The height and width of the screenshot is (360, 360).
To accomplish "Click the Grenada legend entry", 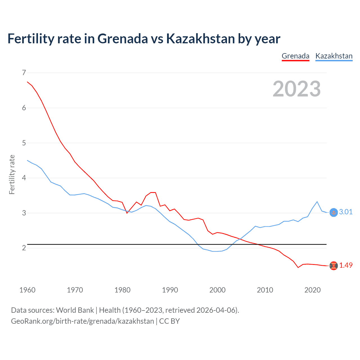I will (295, 56).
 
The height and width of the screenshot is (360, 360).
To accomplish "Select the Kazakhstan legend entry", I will (334, 56).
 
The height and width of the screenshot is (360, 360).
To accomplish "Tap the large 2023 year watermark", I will (297, 89).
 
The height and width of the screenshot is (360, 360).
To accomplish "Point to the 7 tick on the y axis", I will (24, 73).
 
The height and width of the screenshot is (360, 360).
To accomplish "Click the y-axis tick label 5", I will (24, 143).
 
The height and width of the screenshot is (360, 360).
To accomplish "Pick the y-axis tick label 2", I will (24, 248).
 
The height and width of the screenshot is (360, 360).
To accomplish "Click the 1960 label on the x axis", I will (27, 290).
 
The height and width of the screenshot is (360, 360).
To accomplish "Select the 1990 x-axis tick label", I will (170, 290).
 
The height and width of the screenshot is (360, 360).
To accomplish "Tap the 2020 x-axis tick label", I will (312, 290).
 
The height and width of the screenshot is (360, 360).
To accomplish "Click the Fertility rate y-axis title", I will (12, 174).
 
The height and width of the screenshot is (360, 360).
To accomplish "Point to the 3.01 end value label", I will (346, 212).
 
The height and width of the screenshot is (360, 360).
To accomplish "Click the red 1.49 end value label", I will (346, 265).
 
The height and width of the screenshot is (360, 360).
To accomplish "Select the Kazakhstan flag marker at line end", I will (334, 213).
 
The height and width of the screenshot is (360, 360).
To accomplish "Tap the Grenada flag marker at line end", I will (334, 266).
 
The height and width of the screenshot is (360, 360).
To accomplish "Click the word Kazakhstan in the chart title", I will (200, 39).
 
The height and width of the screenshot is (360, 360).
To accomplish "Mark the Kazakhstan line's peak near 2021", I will (317, 202).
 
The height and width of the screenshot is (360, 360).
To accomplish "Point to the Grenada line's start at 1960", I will (27, 82).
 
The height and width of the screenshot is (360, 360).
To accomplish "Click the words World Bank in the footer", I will (75, 310).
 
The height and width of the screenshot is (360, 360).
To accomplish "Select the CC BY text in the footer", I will (169, 321).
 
